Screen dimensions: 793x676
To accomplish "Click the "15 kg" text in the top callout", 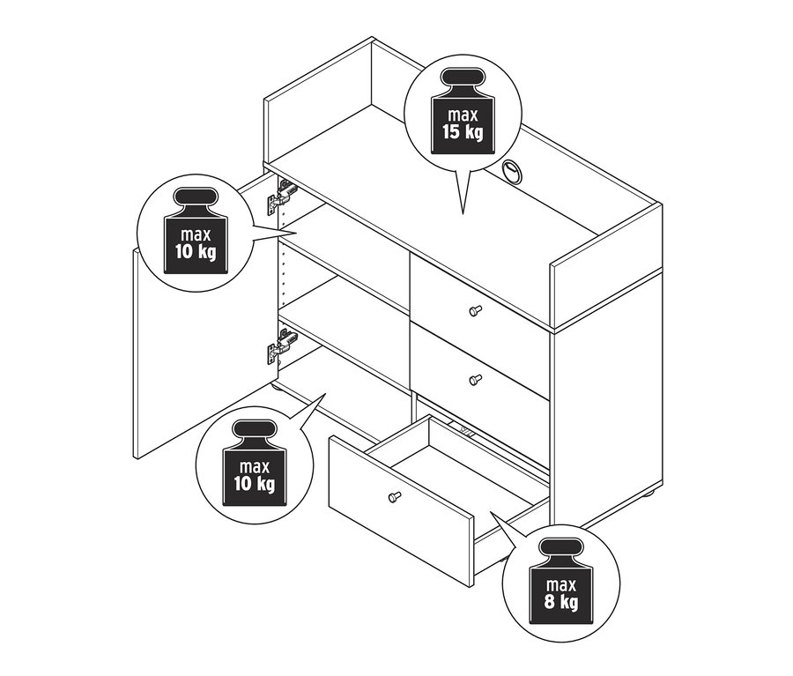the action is pos(463,131).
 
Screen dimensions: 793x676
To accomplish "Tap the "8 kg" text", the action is pos(561,603).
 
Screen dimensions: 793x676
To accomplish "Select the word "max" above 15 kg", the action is pos(463,115).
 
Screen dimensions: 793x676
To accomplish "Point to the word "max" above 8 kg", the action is pos(561,586).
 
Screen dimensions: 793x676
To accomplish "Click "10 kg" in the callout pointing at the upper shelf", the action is pos(196,251).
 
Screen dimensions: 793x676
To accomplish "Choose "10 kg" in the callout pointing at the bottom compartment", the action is pos(255,483).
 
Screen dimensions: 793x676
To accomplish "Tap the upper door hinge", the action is pos(281,197).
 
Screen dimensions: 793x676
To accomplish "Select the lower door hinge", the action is pos(281,345).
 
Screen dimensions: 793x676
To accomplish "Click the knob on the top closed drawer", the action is pos(476,311).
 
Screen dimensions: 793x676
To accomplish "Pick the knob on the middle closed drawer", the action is pos(476,380).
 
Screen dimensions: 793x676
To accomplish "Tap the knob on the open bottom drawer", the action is pos(395,496).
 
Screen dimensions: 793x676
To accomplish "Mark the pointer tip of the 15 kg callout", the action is pos(463,213).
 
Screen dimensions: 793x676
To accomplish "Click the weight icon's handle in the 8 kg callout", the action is pos(561,548).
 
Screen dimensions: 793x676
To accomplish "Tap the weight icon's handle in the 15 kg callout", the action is pos(463,78).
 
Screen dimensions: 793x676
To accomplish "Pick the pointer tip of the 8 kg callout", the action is pos(491,513).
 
